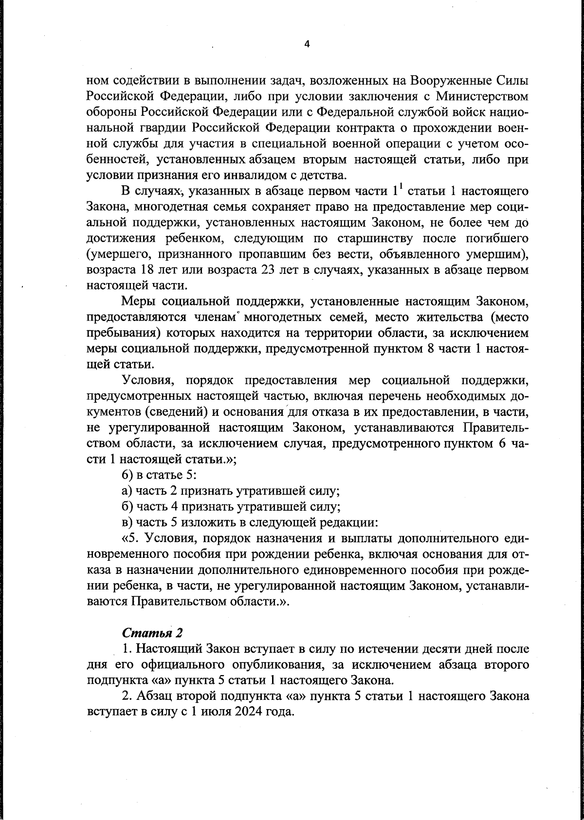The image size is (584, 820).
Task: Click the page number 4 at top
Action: [307, 44]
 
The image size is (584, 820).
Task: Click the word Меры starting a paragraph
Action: [138, 302]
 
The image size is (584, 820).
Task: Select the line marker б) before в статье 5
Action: [128, 475]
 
